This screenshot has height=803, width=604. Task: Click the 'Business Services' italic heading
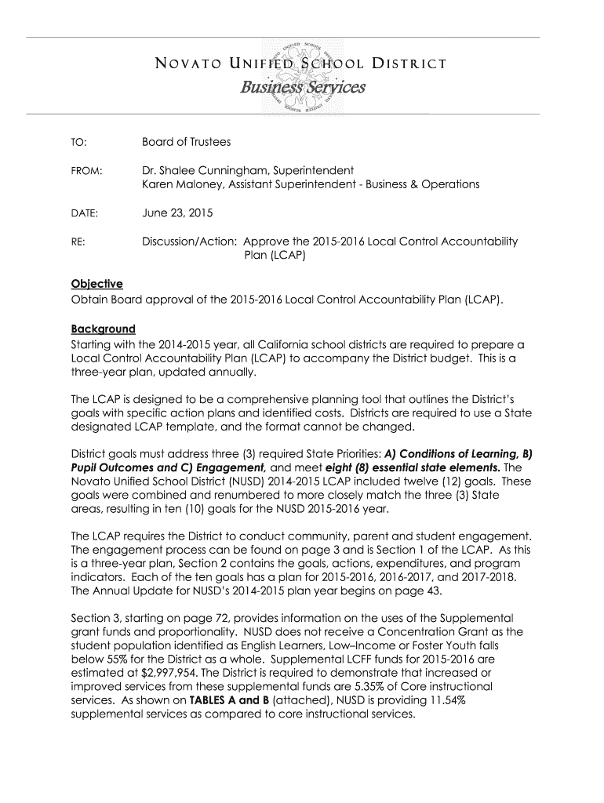click(x=303, y=88)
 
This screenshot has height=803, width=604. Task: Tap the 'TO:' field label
click(x=78, y=142)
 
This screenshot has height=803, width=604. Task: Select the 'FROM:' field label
click(x=85, y=170)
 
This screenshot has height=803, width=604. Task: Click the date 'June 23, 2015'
click(x=177, y=213)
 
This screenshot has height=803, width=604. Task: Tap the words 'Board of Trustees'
click(x=186, y=142)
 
